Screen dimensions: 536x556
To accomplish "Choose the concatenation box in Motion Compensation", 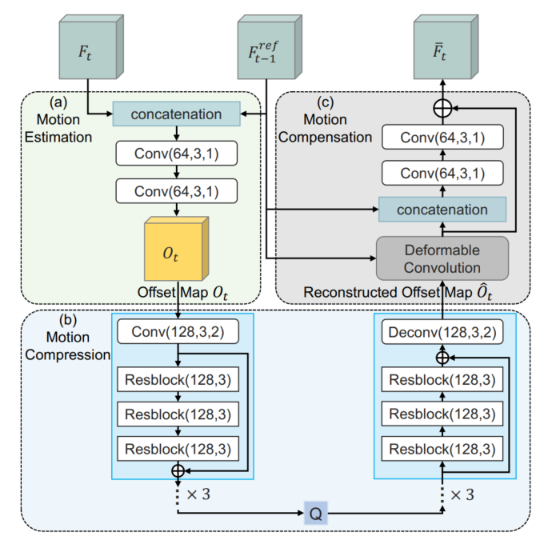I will click(x=442, y=210).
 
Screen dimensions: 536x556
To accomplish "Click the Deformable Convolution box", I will click(x=442, y=258).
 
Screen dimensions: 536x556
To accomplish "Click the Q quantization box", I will click(x=316, y=511).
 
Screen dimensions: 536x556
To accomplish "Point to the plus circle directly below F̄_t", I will click(x=442, y=106).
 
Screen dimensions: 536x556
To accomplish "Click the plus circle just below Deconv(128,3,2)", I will click(x=442, y=358).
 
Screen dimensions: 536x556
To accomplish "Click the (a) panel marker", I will click(x=57, y=102).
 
